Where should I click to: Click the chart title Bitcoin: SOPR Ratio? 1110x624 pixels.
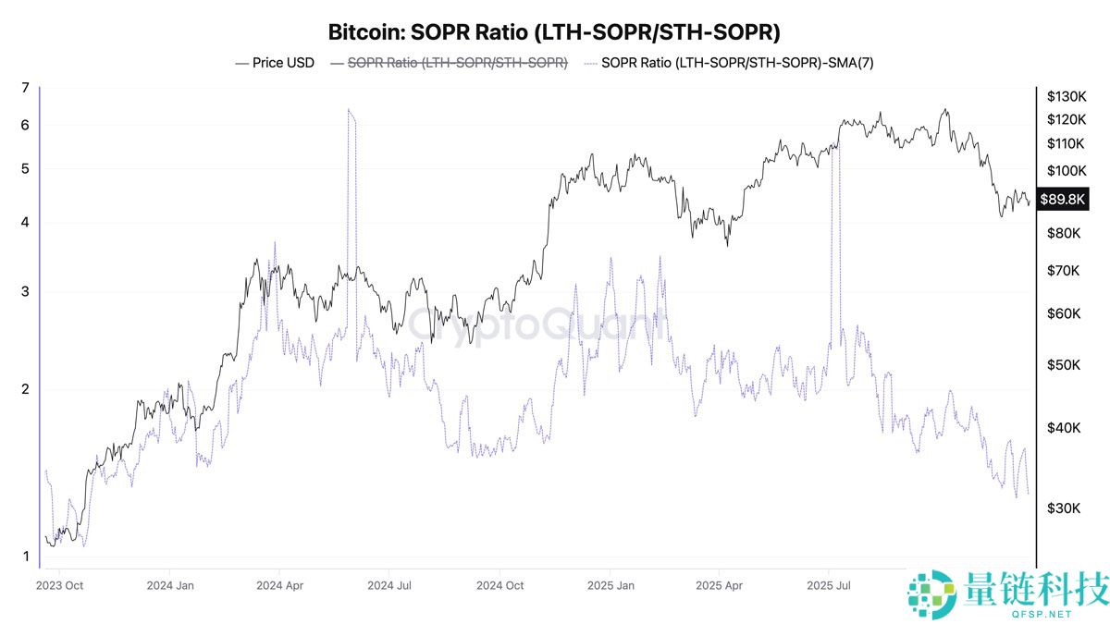(554, 32)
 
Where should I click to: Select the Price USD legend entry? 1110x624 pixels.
(275, 63)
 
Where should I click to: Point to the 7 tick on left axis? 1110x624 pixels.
(26, 89)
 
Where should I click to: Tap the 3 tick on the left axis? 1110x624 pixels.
(26, 292)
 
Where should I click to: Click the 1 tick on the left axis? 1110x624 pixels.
(26, 557)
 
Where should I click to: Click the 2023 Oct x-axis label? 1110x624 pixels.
(61, 585)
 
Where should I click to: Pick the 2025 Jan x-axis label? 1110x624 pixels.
(611, 585)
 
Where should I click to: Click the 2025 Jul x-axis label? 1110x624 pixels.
(830, 585)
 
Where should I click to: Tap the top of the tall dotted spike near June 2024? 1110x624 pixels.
(349, 110)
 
